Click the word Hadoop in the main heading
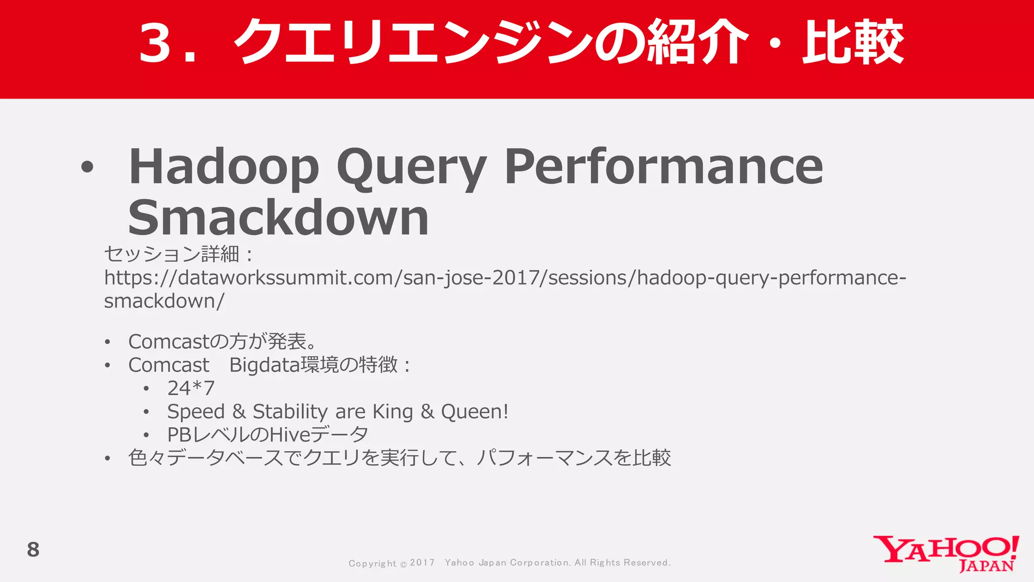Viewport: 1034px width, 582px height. point(224,166)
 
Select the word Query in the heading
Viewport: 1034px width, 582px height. point(411,167)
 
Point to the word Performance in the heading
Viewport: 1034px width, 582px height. point(663,166)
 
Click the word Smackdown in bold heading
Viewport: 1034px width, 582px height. point(278,217)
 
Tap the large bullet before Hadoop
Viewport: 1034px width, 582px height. point(87,167)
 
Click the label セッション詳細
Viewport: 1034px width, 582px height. point(172,254)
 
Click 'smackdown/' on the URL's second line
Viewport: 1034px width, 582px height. point(164,301)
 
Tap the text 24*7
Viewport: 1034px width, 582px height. point(191,388)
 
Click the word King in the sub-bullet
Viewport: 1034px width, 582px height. point(392,412)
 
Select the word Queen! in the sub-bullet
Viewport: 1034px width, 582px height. point(474,412)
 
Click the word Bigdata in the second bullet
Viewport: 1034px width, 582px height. point(264,365)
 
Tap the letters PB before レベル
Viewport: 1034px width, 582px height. point(178,434)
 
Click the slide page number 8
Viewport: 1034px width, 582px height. point(33,550)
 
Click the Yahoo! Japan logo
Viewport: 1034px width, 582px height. point(946,554)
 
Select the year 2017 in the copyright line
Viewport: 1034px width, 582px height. point(422,563)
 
